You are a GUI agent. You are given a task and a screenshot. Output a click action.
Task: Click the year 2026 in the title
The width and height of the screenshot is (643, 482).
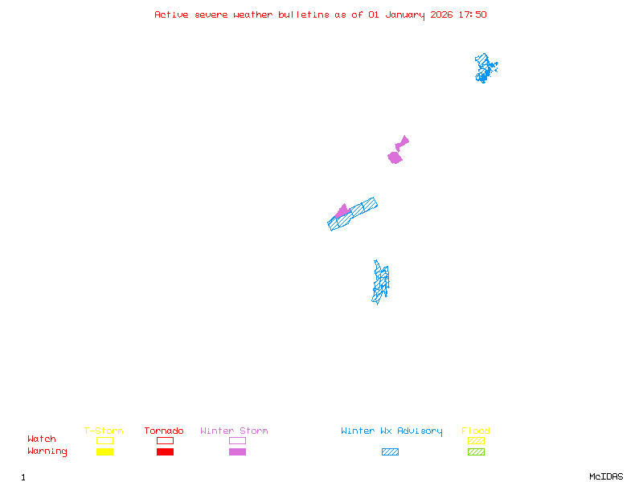tap(441, 14)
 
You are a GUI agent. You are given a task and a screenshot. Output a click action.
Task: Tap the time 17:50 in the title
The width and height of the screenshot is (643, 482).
tap(473, 14)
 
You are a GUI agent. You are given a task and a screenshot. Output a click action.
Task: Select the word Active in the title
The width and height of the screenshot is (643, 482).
tap(171, 14)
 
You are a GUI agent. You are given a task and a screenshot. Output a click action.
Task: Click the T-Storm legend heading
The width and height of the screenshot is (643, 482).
tap(104, 431)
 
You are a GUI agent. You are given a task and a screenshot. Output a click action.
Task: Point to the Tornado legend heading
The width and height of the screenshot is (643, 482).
tap(164, 431)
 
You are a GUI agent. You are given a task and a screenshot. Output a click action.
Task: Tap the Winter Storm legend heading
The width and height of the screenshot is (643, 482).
tap(234, 431)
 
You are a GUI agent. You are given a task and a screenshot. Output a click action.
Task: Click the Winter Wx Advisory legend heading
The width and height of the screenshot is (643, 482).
tap(391, 431)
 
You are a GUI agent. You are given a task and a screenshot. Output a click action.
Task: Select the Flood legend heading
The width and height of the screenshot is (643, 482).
tap(476, 431)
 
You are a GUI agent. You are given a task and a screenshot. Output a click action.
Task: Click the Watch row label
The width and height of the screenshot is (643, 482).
tap(42, 439)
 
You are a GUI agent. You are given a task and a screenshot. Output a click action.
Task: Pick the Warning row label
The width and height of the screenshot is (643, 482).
tap(47, 451)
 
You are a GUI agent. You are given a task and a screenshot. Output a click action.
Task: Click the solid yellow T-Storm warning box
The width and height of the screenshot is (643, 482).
tap(105, 451)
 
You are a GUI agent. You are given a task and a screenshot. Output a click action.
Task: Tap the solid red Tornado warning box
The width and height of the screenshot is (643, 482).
tap(166, 451)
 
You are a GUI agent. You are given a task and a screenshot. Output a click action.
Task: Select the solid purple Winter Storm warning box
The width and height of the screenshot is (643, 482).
tap(237, 451)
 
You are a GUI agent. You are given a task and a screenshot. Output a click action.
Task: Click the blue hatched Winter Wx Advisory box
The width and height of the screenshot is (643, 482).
tap(390, 451)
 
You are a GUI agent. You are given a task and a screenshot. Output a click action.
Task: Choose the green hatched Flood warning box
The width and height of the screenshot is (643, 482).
tap(476, 451)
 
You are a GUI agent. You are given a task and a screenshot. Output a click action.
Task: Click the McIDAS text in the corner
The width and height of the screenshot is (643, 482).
tap(606, 476)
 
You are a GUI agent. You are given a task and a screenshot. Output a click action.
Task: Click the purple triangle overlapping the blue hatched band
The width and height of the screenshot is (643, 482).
tap(343, 211)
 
